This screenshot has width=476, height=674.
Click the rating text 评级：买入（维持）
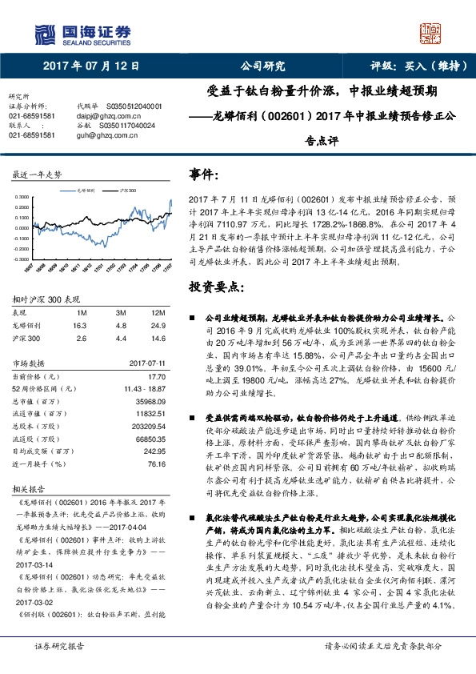point(406,67)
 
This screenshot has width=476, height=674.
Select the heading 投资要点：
point(216,286)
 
